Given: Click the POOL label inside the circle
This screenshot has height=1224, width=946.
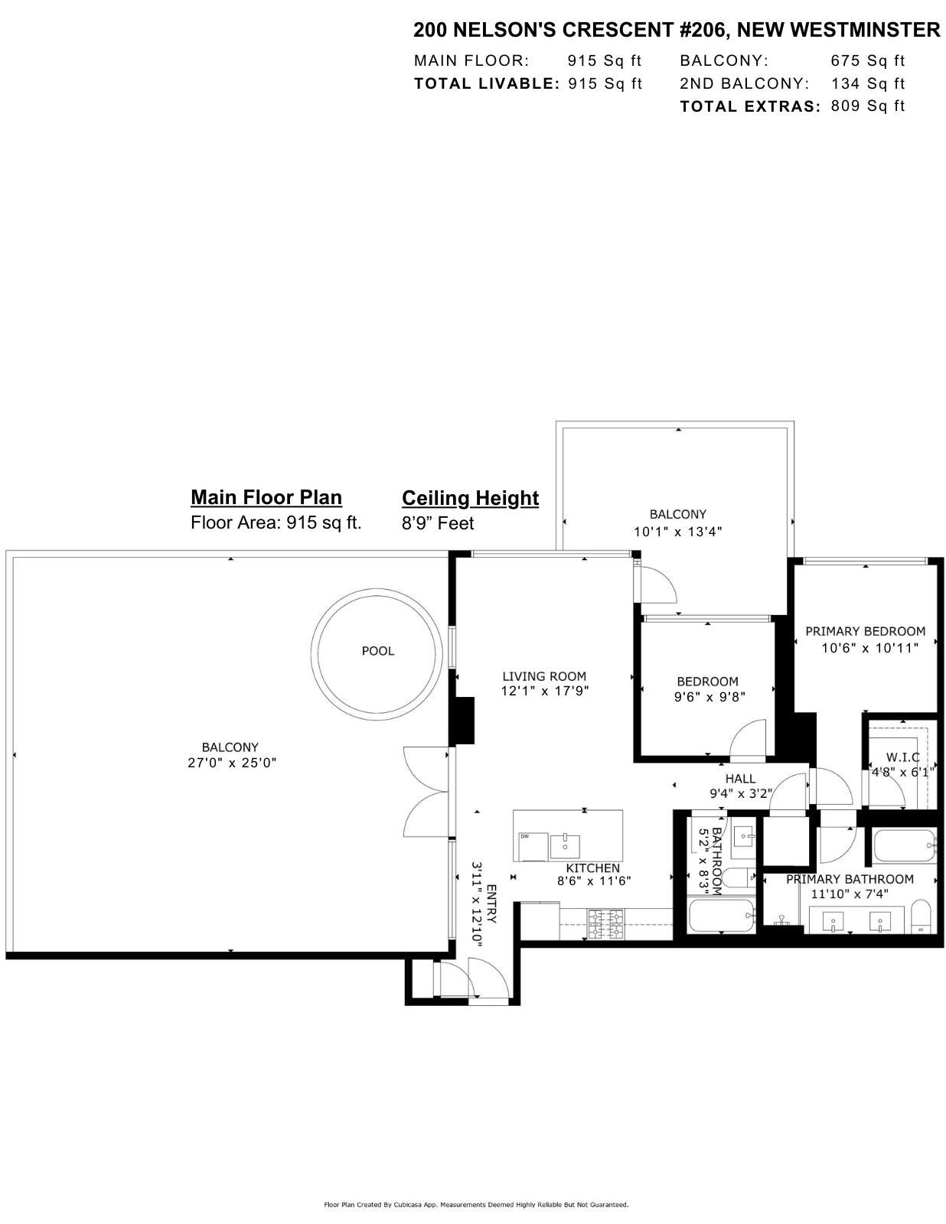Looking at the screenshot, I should (x=377, y=651).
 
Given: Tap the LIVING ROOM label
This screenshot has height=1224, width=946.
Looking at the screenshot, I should (x=544, y=676).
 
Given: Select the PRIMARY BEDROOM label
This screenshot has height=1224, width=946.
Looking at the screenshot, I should (x=865, y=632).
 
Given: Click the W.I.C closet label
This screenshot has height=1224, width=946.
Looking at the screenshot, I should (x=902, y=757).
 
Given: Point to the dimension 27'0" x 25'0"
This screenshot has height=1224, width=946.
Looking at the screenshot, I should (x=231, y=763).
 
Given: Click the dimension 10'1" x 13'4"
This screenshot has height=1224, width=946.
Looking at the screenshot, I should (x=677, y=531).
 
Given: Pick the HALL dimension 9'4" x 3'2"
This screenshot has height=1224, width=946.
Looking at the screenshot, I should (x=740, y=794).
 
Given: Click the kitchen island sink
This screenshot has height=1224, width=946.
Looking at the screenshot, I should (x=565, y=846).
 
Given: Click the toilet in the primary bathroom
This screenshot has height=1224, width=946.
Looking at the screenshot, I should (x=921, y=916).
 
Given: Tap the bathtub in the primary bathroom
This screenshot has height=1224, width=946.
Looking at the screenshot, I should (x=903, y=847).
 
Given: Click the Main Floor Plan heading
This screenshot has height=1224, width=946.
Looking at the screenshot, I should (x=266, y=497).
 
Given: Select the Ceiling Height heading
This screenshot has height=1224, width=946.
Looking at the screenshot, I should (x=470, y=498).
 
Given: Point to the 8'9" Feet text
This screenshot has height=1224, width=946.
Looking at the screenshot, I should (x=438, y=523).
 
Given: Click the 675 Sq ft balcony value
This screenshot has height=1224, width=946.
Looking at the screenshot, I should (x=867, y=60).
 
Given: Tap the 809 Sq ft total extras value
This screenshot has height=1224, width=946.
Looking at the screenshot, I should (x=867, y=106).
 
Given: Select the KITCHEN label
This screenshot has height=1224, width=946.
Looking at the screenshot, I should (x=592, y=868).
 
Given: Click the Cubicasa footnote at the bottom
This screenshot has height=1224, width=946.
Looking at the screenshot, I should (x=476, y=1205).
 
